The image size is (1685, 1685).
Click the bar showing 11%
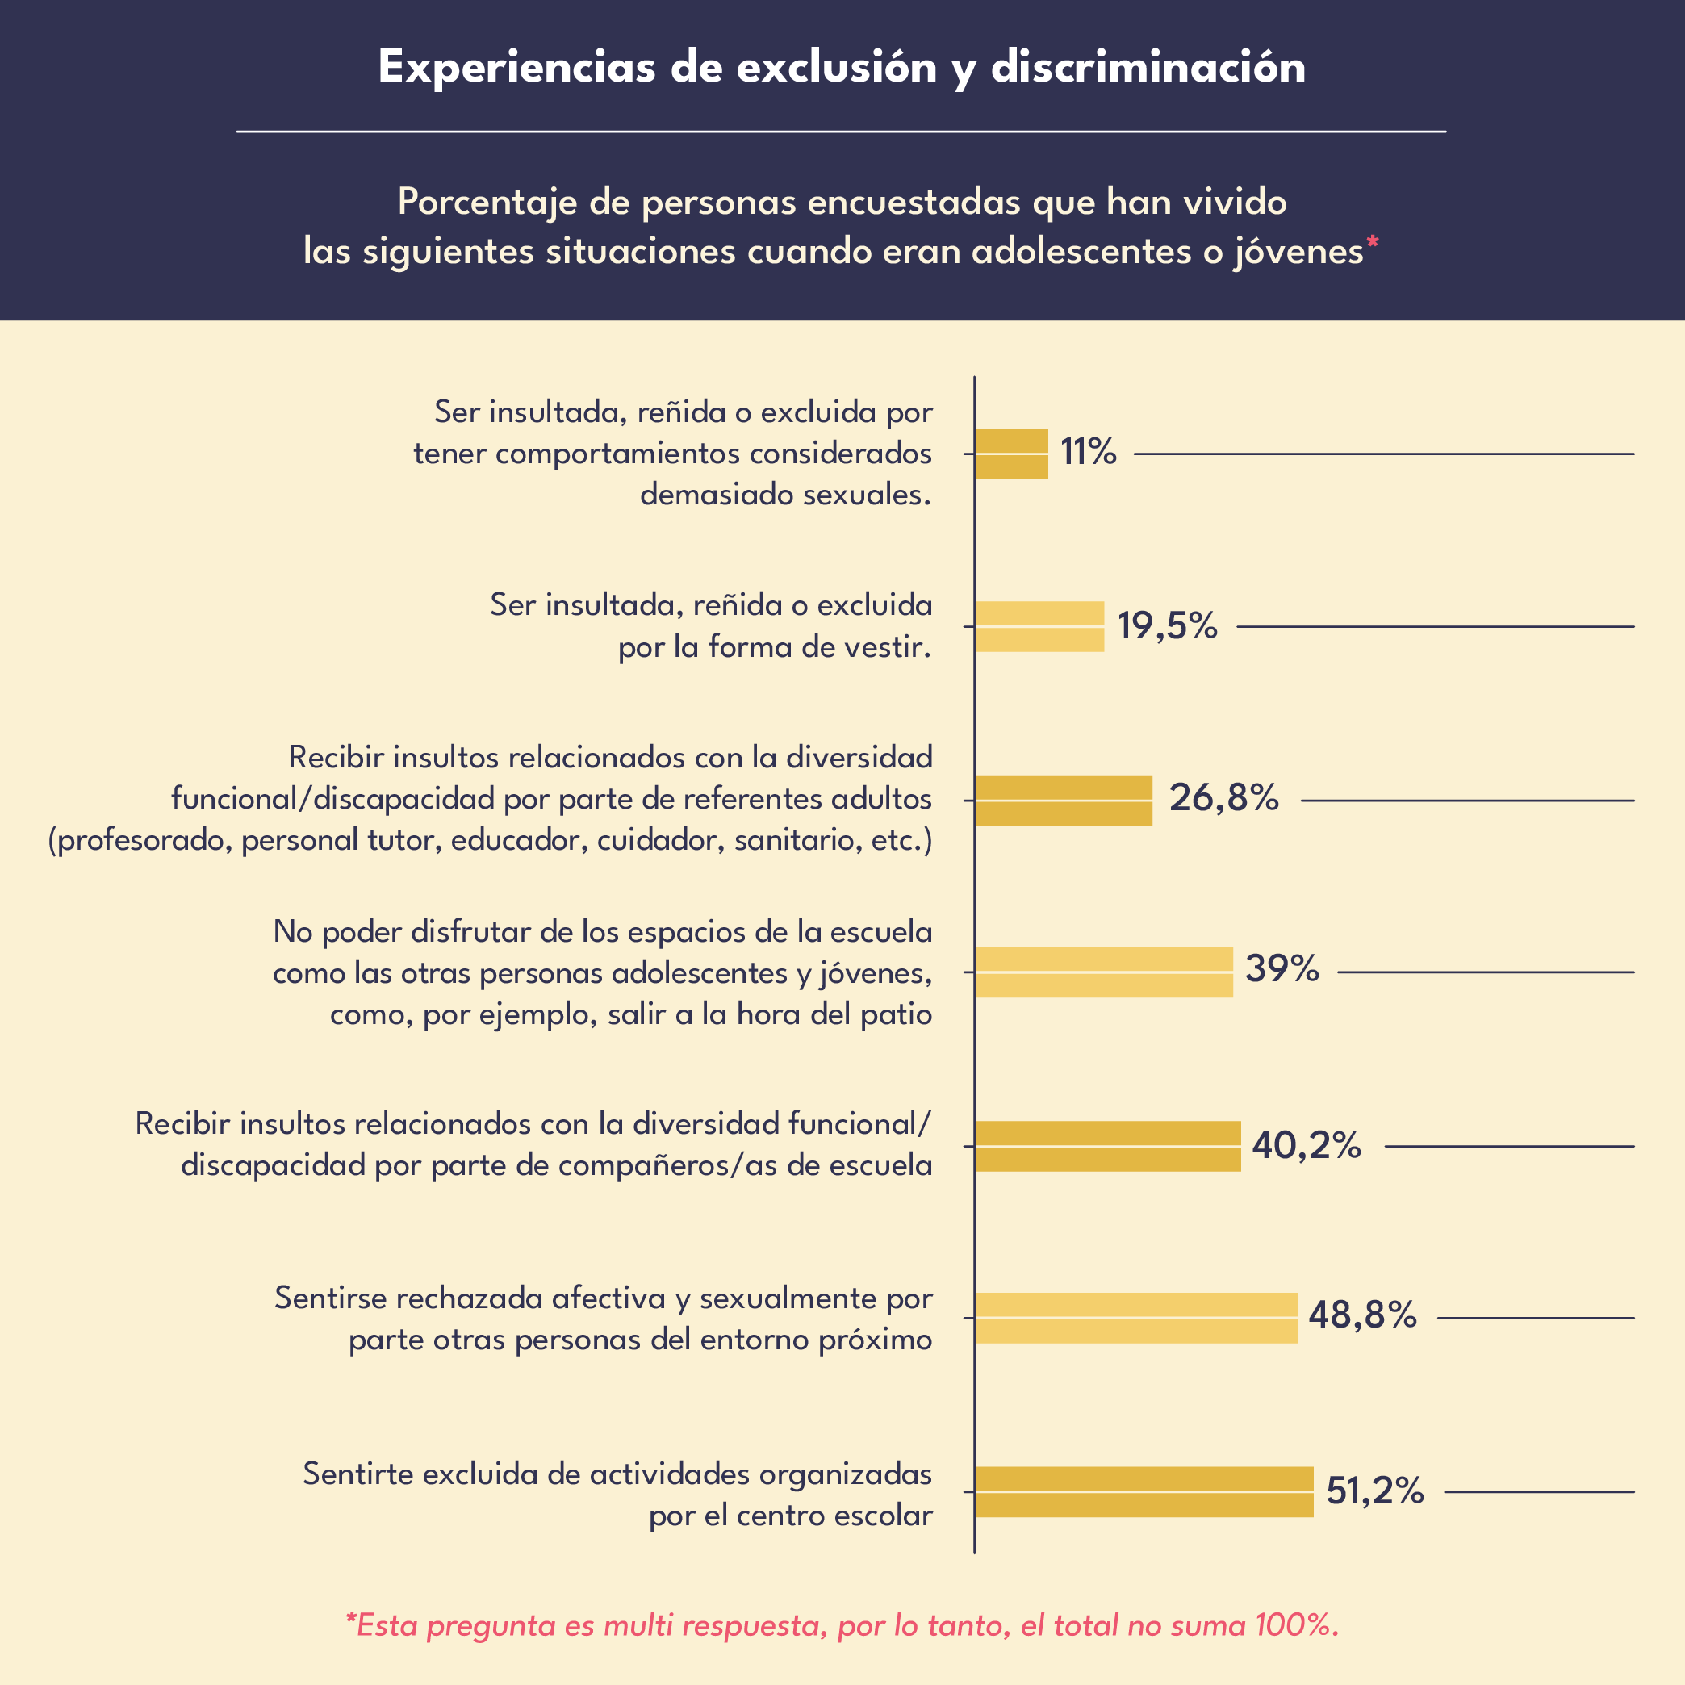pyautogui.click(x=1012, y=454)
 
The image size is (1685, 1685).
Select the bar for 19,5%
pyautogui.click(x=1039, y=626)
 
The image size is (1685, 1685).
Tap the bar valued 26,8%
pyautogui.click(x=1063, y=800)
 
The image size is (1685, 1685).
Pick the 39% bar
pyautogui.click(x=1104, y=972)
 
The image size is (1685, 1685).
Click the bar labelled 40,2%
pyautogui.click(x=1108, y=1146)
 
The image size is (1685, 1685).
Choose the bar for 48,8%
pyautogui.click(x=1136, y=1318)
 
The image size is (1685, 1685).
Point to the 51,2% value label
pyautogui.click(x=1374, y=1491)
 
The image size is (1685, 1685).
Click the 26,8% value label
pyautogui.click(x=1223, y=798)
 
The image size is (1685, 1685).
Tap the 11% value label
pyautogui.click(x=1088, y=452)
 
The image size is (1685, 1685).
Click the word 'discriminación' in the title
pyautogui.click(x=1148, y=68)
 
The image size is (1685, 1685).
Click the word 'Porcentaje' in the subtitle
pyautogui.click(x=487, y=203)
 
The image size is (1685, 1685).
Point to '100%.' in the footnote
pyautogui.click(x=1296, y=1626)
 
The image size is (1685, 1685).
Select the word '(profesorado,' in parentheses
pyautogui.click(x=140, y=841)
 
